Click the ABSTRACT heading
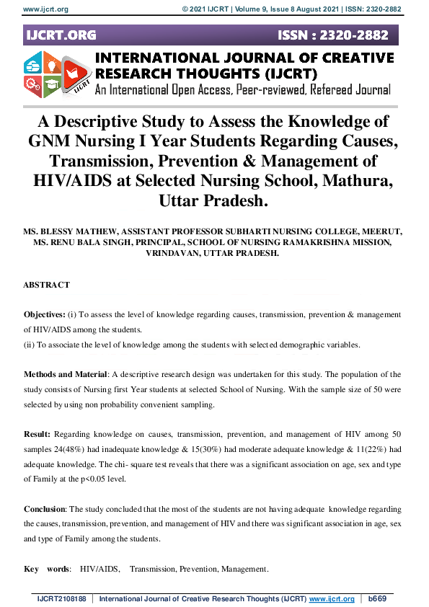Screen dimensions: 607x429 46,285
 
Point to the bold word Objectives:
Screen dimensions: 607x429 45,316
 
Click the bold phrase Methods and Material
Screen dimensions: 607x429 65,375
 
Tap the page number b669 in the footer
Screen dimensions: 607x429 377,599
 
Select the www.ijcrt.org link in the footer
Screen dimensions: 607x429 331,599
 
